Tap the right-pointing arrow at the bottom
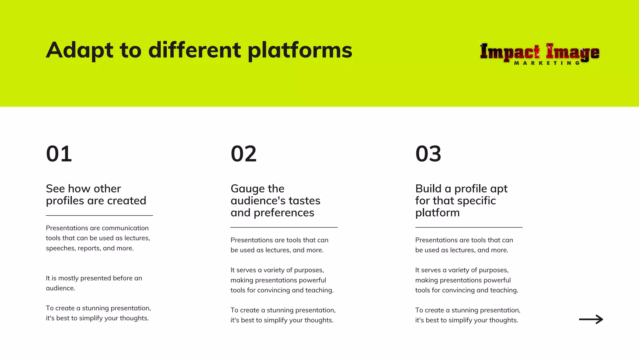[x=591, y=319]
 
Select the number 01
[x=59, y=154]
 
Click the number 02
[x=244, y=154]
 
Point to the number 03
[x=428, y=154]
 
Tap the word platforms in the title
[x=300, y=51]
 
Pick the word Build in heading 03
[x=428, y=189]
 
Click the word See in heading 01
[x=55, y=189]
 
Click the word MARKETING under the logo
[x=547, y=63]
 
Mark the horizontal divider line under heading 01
[x=99, y=215]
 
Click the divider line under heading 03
[x=469, y=227]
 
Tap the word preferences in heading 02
[x=284, y=213]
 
